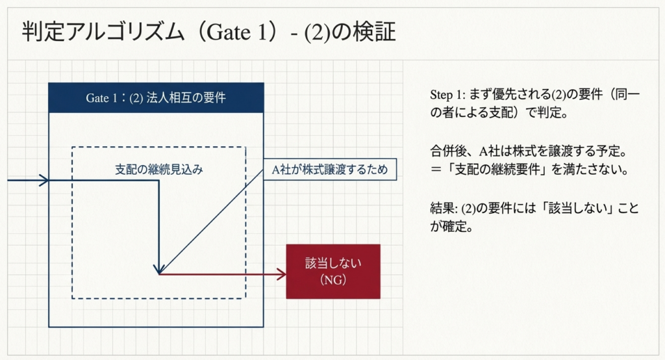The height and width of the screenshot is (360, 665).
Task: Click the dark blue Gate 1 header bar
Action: pos(156,97)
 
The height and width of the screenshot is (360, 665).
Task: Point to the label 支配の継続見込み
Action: pos(159,170)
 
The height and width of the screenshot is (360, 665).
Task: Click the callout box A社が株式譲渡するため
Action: pos(330,170)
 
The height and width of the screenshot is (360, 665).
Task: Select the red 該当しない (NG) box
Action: pos(332,271)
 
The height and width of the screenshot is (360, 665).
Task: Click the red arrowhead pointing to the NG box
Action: pos(282,274)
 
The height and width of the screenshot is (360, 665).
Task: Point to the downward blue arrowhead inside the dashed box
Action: pos(159,268)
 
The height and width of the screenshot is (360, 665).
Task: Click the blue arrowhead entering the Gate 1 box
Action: pos(45,180)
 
